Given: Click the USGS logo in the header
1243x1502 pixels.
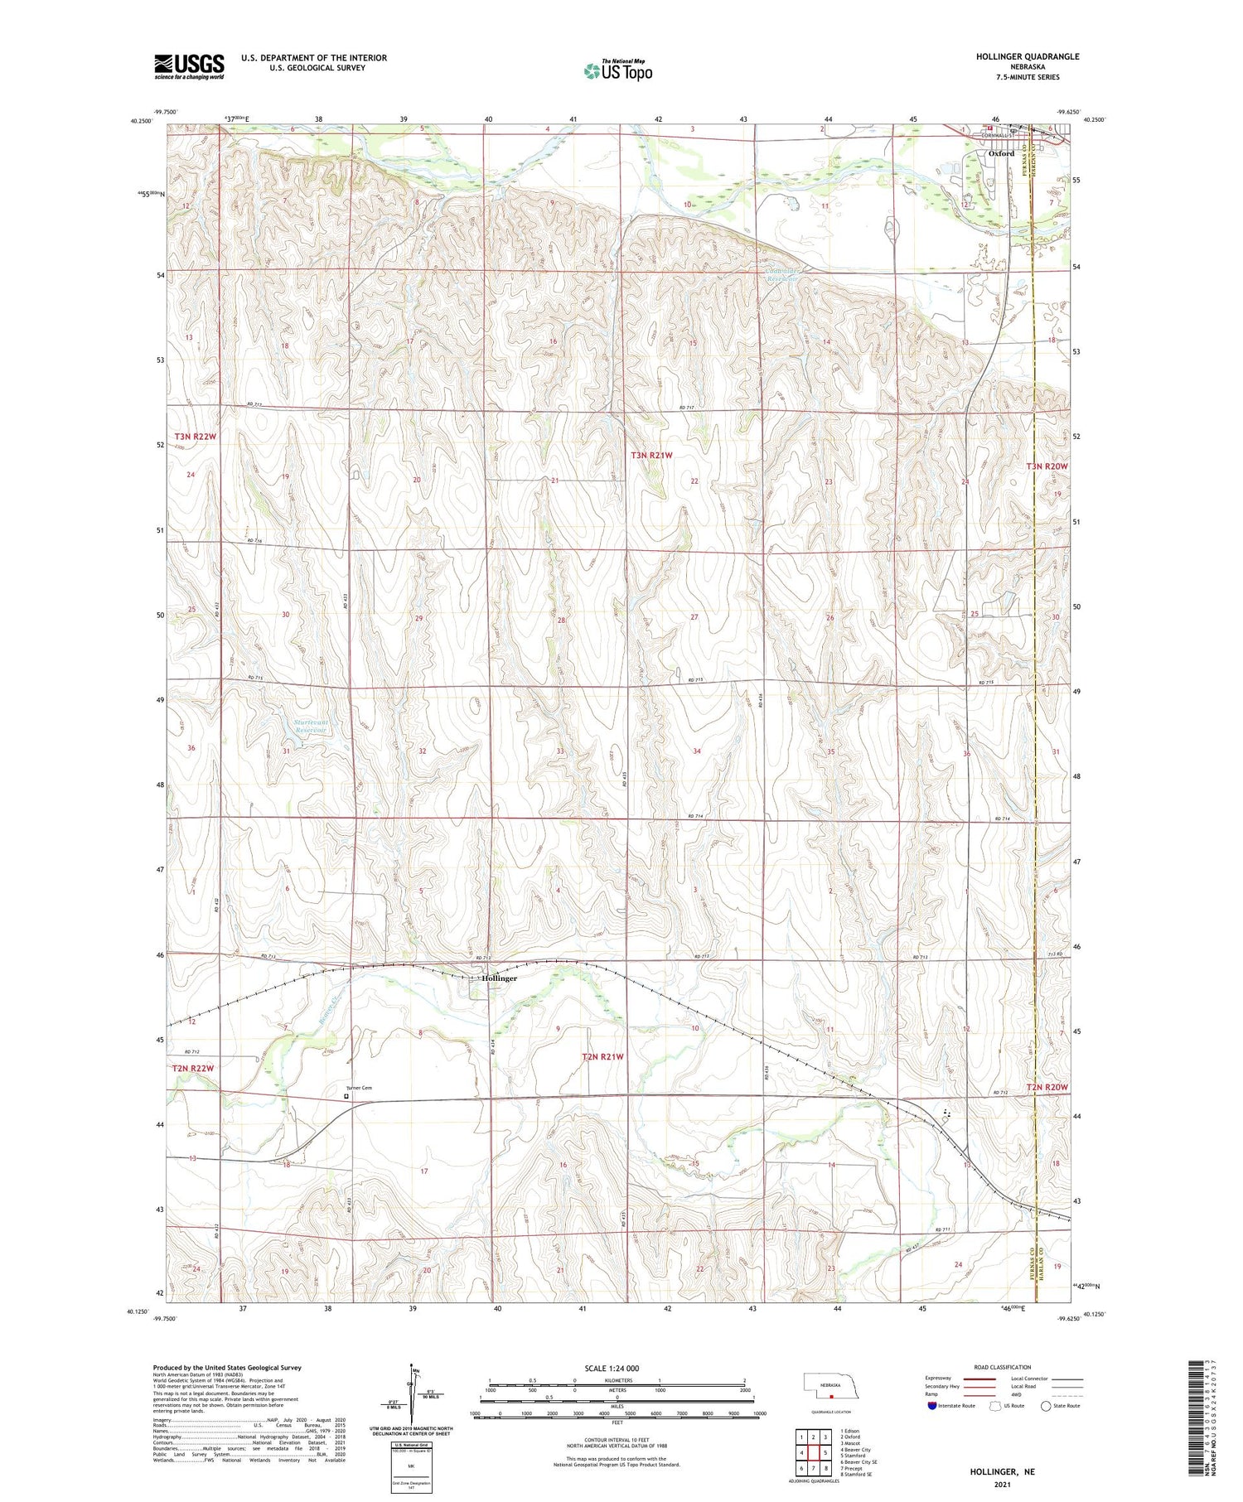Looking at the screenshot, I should coord(189,66).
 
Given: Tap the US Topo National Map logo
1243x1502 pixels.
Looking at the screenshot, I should coord(618,70).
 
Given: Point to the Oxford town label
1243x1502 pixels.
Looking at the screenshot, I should coord(1001,153).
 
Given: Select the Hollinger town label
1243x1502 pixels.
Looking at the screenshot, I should coord(500,978).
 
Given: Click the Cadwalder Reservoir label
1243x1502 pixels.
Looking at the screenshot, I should coord(781,274).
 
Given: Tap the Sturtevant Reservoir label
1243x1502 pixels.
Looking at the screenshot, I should coord(312,727).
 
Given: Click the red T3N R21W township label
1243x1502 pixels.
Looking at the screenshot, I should coord(651,455).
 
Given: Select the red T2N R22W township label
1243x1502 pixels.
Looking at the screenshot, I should coord(193,1068).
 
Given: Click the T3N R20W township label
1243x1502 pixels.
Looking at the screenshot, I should coord(1047,466).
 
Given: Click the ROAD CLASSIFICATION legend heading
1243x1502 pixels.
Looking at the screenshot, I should coord(1003,1367).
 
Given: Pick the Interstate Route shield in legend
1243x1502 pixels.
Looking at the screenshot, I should coord(931,1405).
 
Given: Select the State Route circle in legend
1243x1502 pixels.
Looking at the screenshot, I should coord(1046,1405).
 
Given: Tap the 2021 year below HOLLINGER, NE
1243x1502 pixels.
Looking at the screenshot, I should coord(1004,1485).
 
